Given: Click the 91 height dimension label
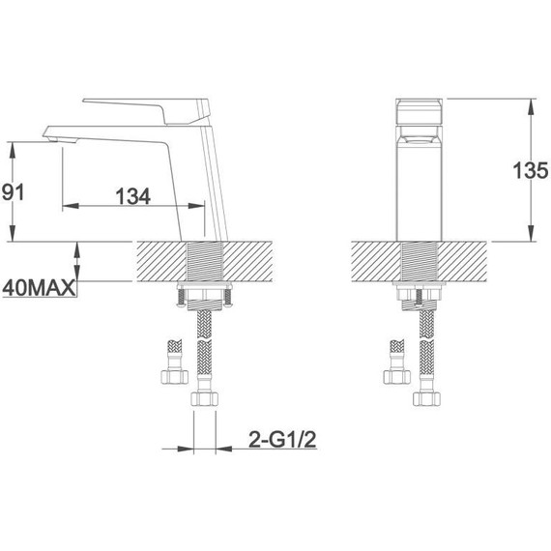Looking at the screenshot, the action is pos(13,192).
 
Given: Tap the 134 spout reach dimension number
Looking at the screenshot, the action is pos(133,196).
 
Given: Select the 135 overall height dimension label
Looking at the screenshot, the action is pos(531,170).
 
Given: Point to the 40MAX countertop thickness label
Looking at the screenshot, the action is pos(39,288).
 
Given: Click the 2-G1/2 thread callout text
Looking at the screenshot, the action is pos(282,440).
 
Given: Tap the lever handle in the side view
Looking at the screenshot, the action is pos(148,111).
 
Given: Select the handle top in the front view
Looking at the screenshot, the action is pos(419,111).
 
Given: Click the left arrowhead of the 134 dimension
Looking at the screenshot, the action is pos(71,206).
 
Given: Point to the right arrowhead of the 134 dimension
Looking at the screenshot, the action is pos(196,206).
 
